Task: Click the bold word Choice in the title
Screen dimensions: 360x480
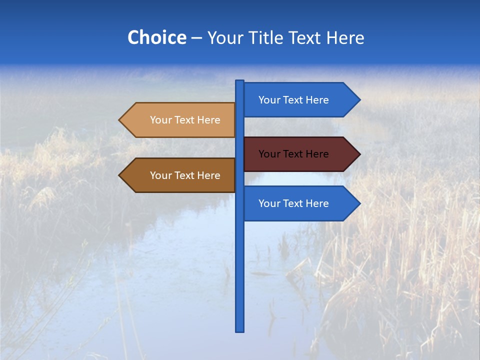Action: point(156,37)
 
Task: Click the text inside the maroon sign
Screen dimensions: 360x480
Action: point(293,154)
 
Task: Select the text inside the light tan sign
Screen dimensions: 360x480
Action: point(185,120)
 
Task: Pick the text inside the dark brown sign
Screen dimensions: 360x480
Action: point(185,175)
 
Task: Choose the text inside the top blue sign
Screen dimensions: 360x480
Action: point(293,100)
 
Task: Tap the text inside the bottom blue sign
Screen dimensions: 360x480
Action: point(293,203)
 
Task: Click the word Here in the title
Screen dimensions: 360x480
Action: point(345,37)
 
